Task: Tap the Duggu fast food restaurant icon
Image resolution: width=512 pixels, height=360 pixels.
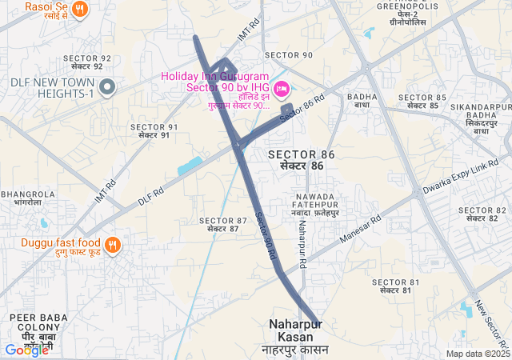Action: [x=112, y=243]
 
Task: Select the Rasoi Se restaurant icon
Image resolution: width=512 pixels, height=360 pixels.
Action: [x=78, y=9]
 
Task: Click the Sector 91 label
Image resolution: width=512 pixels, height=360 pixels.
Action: [x=154, y=131]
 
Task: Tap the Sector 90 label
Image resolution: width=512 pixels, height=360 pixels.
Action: [x=288, y=54]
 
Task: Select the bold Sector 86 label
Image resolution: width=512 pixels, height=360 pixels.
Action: [x=301, y=159]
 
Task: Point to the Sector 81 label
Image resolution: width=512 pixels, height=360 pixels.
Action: [x=395, y=286]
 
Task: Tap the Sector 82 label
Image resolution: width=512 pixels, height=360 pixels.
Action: [x=483, y=214]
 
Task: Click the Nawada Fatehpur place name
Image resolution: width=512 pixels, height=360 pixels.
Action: [x=317, y=204]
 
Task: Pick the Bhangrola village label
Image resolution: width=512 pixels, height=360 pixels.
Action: [x=28, y=198]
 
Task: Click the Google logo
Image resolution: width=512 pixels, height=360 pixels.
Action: [x=26, y=350]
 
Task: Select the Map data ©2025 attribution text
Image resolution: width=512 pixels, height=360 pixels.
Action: [x=478, y=354]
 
